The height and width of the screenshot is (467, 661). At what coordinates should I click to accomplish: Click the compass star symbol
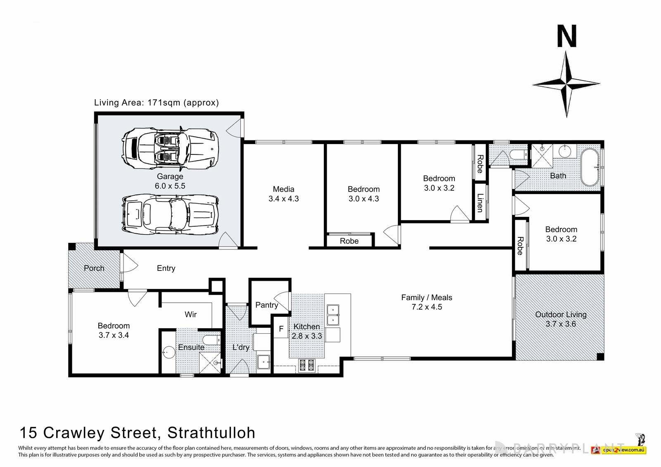566,84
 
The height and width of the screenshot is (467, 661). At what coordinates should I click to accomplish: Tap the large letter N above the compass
566,37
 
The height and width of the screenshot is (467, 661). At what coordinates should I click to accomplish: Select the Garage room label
170,176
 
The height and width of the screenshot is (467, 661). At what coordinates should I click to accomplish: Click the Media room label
283,189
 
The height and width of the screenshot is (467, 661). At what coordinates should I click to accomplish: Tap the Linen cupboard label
480,203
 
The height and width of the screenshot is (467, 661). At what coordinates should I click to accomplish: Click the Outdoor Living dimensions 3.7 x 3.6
561,324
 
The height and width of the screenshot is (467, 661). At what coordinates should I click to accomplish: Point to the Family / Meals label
426,297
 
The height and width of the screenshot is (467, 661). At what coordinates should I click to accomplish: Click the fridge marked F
281,329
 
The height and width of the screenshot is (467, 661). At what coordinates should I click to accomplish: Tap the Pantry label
266,305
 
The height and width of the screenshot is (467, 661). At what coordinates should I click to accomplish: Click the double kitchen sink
333,315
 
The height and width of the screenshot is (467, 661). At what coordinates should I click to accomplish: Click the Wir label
190,315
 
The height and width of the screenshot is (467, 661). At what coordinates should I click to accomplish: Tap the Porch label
94,268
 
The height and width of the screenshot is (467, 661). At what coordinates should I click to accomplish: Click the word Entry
166,268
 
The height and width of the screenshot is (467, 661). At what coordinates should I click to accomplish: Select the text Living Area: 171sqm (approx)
156,102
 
